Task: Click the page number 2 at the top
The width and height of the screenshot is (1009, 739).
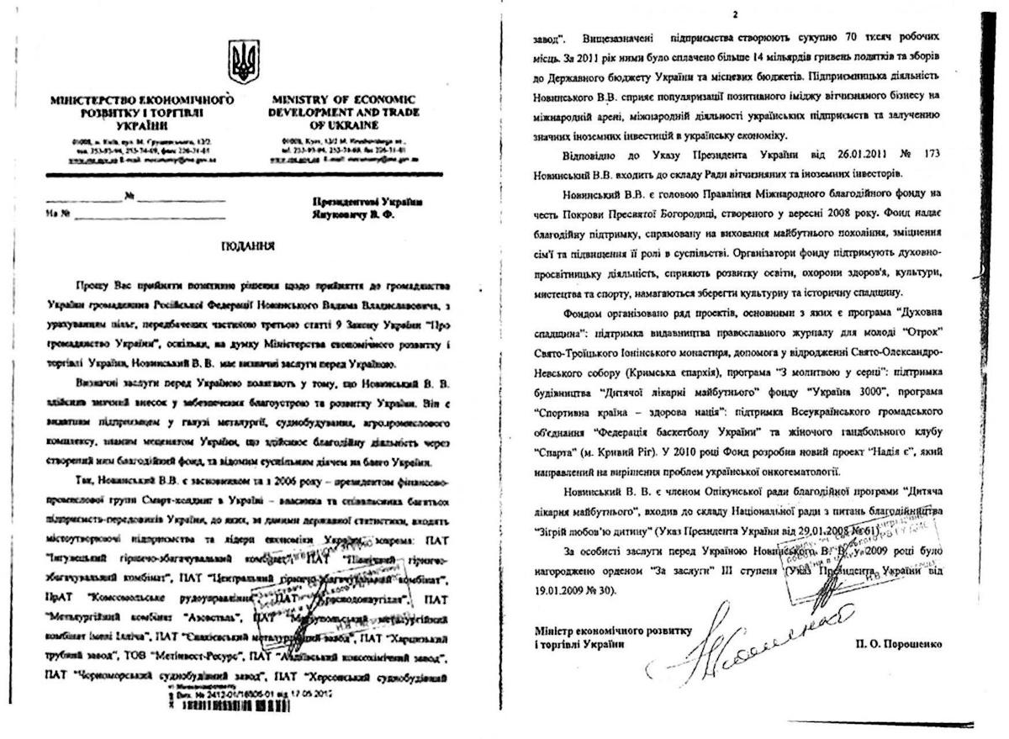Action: tap(734, 14)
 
